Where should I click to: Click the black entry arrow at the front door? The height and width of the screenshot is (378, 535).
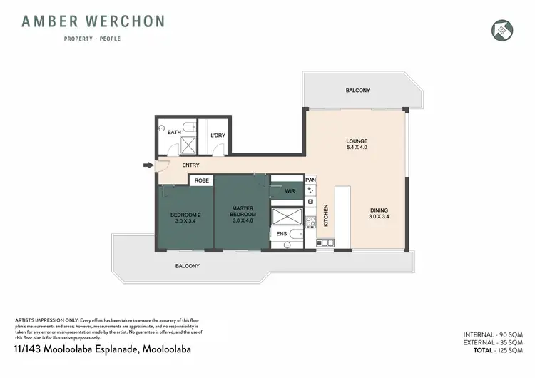[148, 166]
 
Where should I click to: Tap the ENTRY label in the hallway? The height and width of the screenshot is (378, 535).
[190, 166]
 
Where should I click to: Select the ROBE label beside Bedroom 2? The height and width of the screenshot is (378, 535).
[202, 181]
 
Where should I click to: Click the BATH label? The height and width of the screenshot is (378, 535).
[173, 132]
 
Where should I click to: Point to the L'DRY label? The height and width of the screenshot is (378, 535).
[217, 136]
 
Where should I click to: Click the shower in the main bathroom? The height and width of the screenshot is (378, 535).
[188, 145]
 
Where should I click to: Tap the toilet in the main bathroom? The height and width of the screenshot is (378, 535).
[187, 127]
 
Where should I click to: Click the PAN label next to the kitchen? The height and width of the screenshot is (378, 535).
[310, 180]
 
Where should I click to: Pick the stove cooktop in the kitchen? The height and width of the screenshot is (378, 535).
[310, 191]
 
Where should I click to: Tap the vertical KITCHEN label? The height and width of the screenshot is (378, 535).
[326, 215]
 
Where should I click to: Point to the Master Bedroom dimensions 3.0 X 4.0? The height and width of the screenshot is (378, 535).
[243, 220]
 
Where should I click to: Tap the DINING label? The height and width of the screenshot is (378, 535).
[379, 210]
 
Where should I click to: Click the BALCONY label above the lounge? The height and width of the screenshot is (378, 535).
[357, 91]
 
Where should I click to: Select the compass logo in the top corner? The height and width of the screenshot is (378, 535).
[502, 29]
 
